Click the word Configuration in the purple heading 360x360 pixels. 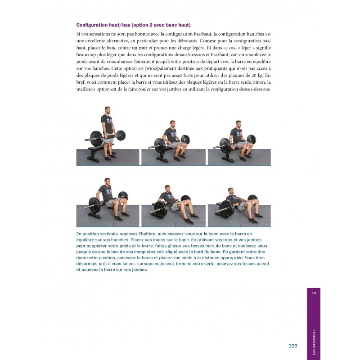pyautogui.click(x=94, y=25)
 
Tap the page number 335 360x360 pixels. pyautogui.click(x=293, y=346)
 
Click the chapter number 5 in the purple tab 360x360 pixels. pyautogui.click(x=314, y=294)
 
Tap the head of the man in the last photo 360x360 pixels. pyautogui.click(x=230, y=191)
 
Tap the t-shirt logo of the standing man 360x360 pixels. pyautogui.click(x=108, y=121)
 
